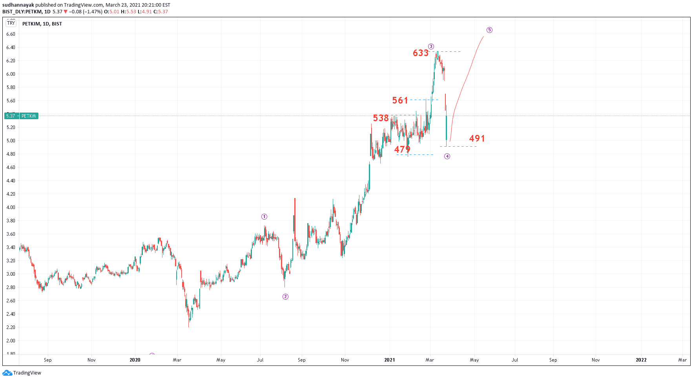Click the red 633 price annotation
click(420, 53)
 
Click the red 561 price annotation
click(400, 100)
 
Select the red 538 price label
click(381, 118)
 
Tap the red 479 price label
click(402, 149)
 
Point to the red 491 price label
click(477, 138)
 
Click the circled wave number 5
click(489, 30)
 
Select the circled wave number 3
click(431, 46)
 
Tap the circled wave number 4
click(447, 156)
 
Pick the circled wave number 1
click(264, 217)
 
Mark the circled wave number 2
click(285, 296)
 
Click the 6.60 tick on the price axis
click(11, 34)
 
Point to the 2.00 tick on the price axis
click(11, 341)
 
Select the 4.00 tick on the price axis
click(11, 207)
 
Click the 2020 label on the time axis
click(135, 360)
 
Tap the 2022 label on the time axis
click(641, 360)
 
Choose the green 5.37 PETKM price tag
click(22, 116)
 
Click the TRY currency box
click(11, 23)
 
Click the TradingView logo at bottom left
click(22, 373)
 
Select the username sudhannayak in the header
click(18, 5)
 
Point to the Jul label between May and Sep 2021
click(514, 360)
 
